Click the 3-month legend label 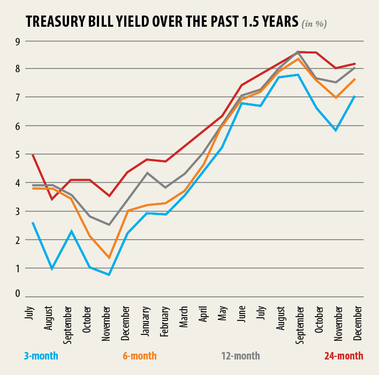41,356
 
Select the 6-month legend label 139,356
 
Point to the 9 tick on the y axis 17,41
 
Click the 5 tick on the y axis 17,154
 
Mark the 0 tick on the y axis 17,293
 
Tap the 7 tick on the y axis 17,97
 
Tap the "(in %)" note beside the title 315,24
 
